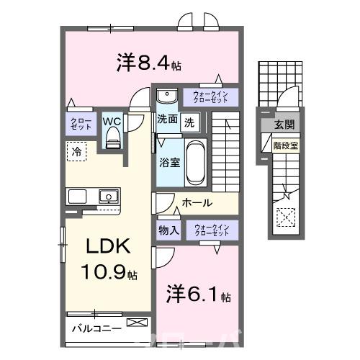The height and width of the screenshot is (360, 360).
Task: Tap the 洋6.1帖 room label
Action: pos(199,295)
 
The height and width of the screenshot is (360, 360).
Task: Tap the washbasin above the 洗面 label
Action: pos(166,95)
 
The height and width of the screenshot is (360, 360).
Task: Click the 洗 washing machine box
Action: pos(188,122)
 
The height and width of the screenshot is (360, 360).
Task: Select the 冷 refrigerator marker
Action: pos(75,151)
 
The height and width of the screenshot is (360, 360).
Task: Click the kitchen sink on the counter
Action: pos(109,194)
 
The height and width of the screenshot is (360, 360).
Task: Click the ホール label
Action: pos(196,202)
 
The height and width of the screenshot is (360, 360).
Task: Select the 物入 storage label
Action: pos(168,230)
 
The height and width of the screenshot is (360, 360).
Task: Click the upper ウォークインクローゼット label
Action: pos(211,96)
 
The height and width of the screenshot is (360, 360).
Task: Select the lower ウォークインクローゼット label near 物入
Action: pos(211,230)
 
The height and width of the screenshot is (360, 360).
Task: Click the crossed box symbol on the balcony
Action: pos(135,323)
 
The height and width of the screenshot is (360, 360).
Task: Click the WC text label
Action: pos(112,120)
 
